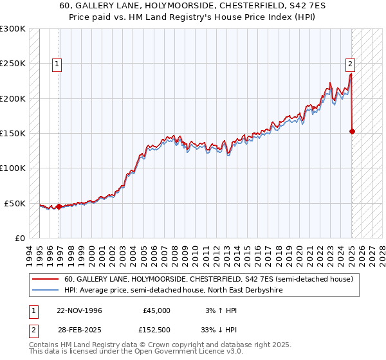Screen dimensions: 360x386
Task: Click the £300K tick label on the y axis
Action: coord(13,29)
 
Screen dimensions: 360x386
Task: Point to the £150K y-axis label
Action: coord(13,134)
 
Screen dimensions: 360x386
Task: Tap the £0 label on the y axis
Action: coord(19,238)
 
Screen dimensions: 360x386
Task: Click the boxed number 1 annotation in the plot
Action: coord(58,64)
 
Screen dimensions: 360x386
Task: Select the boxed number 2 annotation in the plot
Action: coord(350,64)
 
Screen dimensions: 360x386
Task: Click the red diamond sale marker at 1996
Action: coord(59,207)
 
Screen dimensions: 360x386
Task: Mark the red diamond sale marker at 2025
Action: coord(352,132)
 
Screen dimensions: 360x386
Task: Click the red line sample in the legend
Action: coord(46,280)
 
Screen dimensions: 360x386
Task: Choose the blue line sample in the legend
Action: coord(46,291)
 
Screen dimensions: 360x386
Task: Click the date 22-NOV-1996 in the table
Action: coord(79,310)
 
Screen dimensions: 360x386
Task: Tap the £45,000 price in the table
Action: coord(157,310)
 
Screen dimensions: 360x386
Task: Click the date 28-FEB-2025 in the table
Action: coord(78,329)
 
